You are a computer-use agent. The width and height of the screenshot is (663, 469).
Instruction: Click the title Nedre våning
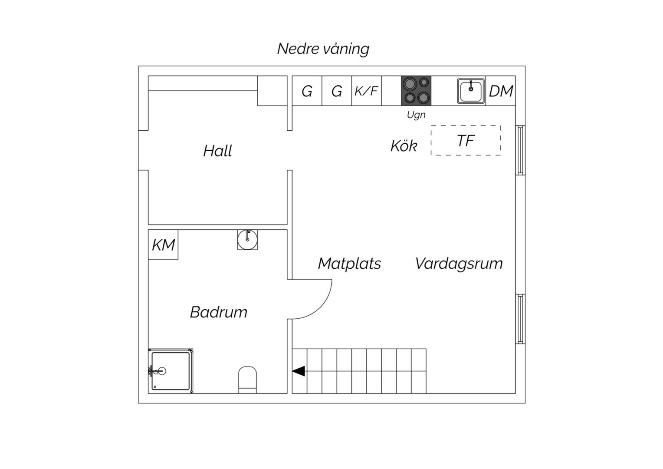pyautogui.click(x=323, y=49)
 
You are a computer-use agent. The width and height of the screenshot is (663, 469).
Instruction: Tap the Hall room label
pyautogui.click(x=217, y=151)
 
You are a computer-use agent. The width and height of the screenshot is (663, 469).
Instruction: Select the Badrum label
pyautogui.click(x=218, y=312)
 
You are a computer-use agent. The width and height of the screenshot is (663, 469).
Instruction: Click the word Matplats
pyautogui.click(x=349, y=264)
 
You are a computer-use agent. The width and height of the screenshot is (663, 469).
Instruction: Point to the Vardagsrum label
pyautogui.click(x=459, y=264)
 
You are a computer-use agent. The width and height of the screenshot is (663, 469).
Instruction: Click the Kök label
pyautogui.click(x=404, y=146)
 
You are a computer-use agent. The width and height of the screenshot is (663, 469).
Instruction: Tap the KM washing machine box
pyautogui.click(x=163, y=245)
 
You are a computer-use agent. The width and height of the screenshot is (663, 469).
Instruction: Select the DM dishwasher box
pyautogui.click(x=501, y=91)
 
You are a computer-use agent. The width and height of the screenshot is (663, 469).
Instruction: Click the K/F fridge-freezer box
pyautogui.click(x=366, y=91)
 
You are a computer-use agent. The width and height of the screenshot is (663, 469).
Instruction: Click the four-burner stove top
pyautogui.click(x=416, y=91)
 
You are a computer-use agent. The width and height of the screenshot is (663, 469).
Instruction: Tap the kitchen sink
pyautogui.click(x=471, y=91)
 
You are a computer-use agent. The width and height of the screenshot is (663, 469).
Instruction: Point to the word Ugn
pyautogui.click(x=416, y=115)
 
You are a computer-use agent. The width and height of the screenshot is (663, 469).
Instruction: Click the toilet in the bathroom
pyautogui.click(x=247, y=380)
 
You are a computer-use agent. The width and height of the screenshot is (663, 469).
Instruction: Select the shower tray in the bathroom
pyautogui.click(x=171, y=371)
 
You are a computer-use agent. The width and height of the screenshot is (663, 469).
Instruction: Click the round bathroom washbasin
pyautogui.click(x=247, y=240)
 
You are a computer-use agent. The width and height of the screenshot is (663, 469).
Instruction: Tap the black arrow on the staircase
pyautogui.click(x=299, y=371)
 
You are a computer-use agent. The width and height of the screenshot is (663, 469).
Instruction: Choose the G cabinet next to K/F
pyautogui.click(x=337, y=91)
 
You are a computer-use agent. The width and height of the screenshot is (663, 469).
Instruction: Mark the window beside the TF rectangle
pyautogui.click(x=520, y=150)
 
